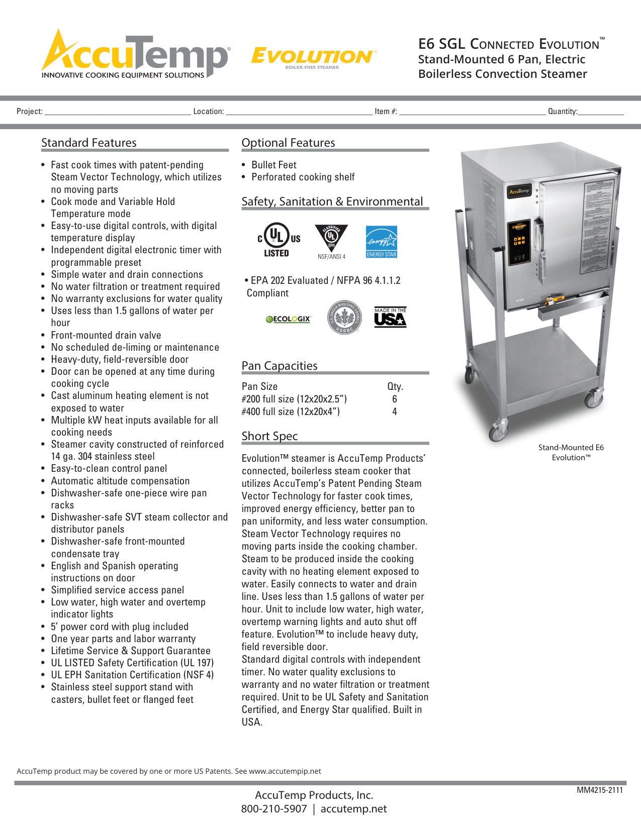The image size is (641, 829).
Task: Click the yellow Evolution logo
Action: pyautogui.click(x=313, y=57)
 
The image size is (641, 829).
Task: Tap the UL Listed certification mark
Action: pyautogui.click(x=279, y=240)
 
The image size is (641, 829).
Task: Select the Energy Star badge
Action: pyautogui.click(x=382, y=242)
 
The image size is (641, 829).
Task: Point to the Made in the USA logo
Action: pyautogui.click(x=390, y=317)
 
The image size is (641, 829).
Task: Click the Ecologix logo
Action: pyautogui.click(x=289, y=319)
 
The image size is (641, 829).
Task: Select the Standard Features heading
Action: pyautogui.click(x=89, y=143)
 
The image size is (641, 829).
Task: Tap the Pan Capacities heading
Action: pyautogui.click(x=280, y=366)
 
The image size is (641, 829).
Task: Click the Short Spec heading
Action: pyautogui.click(x=270, y=436)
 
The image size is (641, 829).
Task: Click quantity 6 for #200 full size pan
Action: pyautogui.click(x=395, y=399)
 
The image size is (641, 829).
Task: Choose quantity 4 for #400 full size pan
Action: pyautogui.click(x=395, y=411)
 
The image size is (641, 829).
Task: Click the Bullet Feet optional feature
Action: pyautogui.click(x=274, y=165)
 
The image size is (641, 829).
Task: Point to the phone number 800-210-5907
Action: pyautogui.click(x=274, y=809)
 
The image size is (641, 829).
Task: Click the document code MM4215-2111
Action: pyautogui.click(x=600, y=790)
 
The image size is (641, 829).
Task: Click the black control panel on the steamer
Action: pyautogui.click(x=519, y=243)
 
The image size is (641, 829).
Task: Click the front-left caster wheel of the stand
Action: pyautogui.click(x=498, y=432)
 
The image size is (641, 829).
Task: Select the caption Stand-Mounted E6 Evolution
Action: pyautogui.click(x=571, y=452)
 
